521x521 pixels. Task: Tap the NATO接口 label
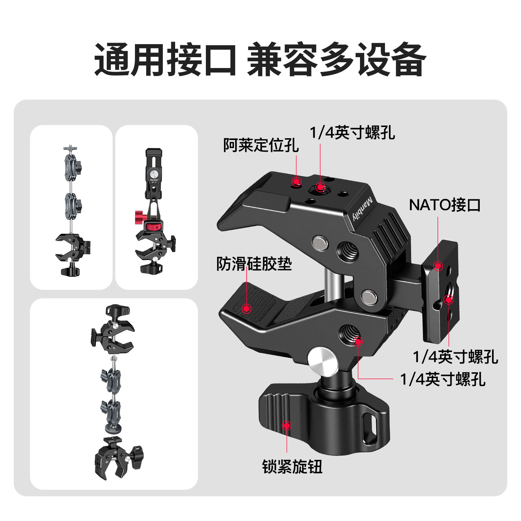click(x=445, y=205)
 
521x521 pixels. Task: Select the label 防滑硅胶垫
click(x=254, y=264)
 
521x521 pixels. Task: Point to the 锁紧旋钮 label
click(x=292, y=467)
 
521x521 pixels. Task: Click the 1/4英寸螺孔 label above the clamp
click(x=352, y=133)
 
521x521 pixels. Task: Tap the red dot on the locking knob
click(x=287, y=425)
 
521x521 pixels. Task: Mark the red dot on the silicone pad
click(x=247, y=309)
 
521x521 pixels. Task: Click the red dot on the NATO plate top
click(x=438, y=266)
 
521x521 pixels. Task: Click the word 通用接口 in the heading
click(x=165, y=59)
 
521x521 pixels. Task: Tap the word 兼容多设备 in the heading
click(x=336, y=59)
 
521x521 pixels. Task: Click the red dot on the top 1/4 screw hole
click(x=320, y=187)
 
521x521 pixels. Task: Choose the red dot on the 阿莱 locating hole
click(x=297, y=182)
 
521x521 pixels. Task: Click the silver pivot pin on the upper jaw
click(x=321, y=242)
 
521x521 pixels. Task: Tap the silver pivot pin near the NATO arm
click(x=369, y=297)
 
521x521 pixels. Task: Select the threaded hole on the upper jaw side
click(x=347, y=249)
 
